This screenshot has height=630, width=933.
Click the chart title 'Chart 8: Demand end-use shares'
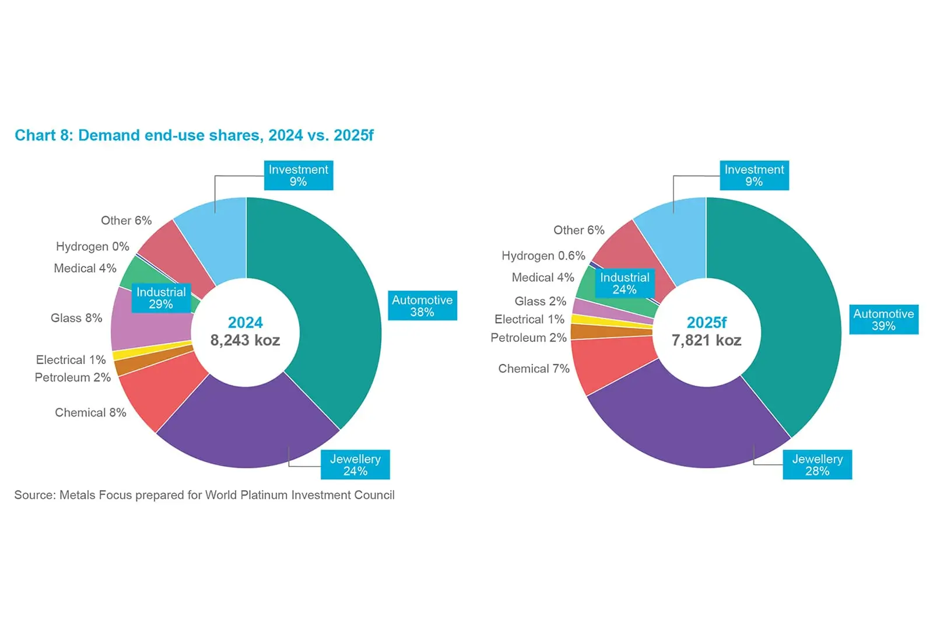(194, 135)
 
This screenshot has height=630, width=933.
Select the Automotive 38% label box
(422, 306)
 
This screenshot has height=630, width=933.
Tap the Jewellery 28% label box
(817, 465)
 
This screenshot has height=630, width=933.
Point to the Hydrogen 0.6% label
(543, 256)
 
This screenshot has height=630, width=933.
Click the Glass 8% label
(76, 318)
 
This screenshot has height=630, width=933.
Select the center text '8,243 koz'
(245, 340)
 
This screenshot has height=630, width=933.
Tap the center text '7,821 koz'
(706, 340)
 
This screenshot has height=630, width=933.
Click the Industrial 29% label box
(161, 298)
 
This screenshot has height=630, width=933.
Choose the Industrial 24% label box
(625, 283)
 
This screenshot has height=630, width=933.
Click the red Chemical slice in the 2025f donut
(606, 362)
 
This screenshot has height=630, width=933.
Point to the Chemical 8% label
(90, 412)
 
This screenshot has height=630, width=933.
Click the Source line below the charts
(204, 495)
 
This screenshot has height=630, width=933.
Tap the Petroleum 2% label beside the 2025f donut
(528, 338)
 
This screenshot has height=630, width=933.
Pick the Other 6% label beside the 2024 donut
(126, 220)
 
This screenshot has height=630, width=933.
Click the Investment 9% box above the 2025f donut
(754, 176)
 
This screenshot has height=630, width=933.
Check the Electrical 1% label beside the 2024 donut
(71, 360)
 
